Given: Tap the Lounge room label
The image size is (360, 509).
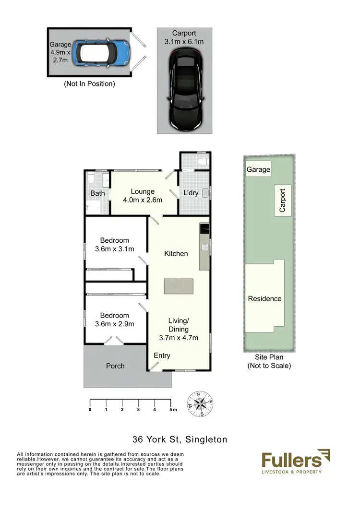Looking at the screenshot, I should pyautogui.click(x=143, y=192).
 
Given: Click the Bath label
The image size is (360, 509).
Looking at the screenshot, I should pyautogui.click(x=97, y=194).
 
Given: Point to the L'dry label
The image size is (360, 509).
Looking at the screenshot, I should pyautogui.click(x=191, y=193).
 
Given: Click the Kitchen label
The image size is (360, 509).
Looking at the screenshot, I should pyautogui.click(x=176, y=253).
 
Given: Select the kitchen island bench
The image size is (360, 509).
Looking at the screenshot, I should pyautogui.click(x=179, y=286).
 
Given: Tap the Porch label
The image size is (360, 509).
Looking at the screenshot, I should pyautogui.click(x=115, y=366).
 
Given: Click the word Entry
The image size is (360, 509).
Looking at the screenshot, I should pyautogui.click(x=162, y=355).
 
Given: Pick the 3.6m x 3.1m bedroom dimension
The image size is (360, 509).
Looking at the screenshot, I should pyautogui.click(x=115, y=249).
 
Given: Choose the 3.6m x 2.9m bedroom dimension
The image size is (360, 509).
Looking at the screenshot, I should pyautogui.click(x=115, y=324).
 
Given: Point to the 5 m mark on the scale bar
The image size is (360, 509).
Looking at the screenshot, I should pyautogui.click(x=171, y=410).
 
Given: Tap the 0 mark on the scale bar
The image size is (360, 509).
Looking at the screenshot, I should pyautogui.click(x=90, y=410).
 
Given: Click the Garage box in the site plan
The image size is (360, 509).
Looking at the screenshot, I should pyautogui.click(x=258, y=170).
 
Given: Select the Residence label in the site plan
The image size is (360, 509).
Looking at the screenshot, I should pyautogui.click(x=264, y=298).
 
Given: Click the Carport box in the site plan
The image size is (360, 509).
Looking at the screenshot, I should pyautogui.click(x=282, y=200).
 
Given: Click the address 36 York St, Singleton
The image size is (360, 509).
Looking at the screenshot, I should pyautogui.click(x=180, y=439).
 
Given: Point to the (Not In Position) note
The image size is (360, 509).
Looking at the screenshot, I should pyautogui.click(x=90, y=84).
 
